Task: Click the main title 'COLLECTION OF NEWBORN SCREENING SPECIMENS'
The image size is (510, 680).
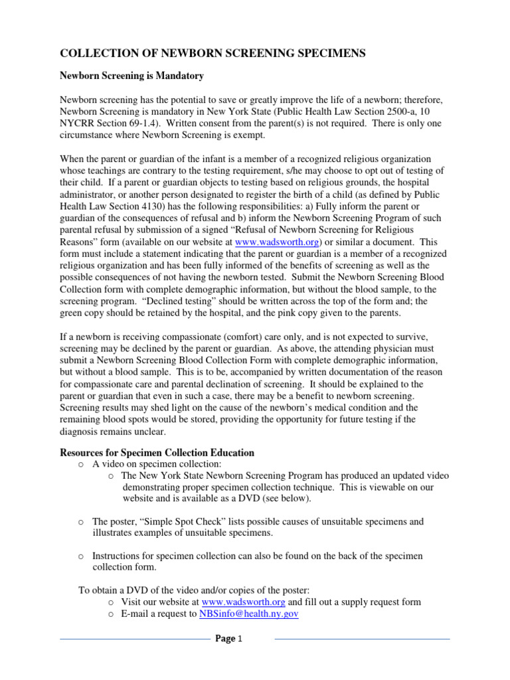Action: tap(213, 54)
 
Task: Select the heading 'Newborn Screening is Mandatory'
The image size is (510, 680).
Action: tap(131, 76)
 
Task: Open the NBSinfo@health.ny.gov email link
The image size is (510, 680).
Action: tap(248, 614)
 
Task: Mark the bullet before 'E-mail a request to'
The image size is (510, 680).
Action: tap(111, 614)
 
